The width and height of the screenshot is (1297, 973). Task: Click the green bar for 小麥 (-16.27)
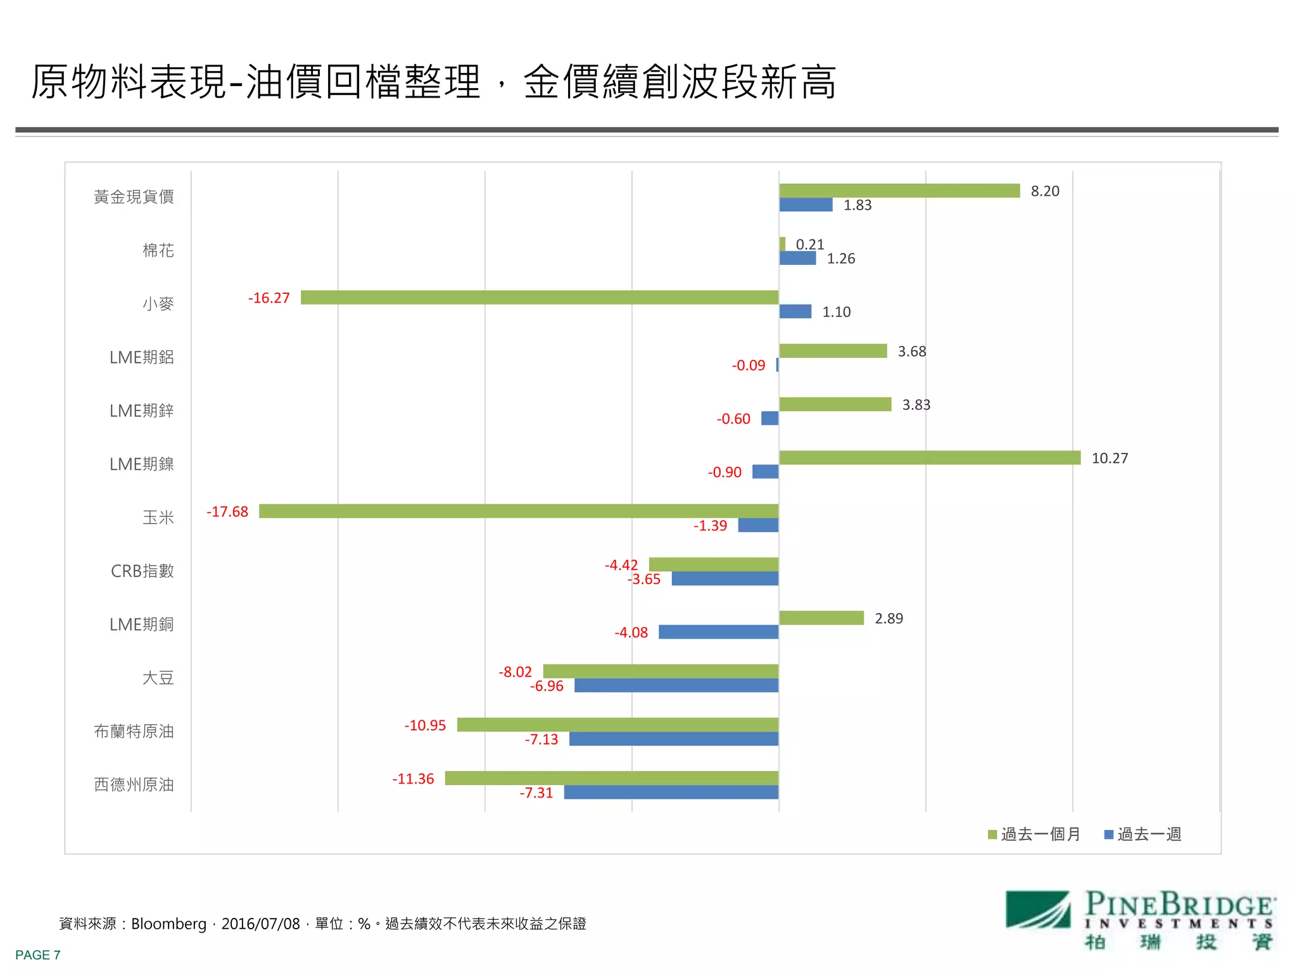coord(539,297)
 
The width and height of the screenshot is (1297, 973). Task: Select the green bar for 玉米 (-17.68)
coord(518,511)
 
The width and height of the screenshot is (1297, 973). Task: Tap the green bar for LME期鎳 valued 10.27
coord(929,457)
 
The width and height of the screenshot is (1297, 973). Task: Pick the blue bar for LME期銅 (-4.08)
coord(718,632)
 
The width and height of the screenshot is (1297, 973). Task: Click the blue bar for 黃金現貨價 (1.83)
coord(805,205)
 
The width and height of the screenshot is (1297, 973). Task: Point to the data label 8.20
coord(1044,191)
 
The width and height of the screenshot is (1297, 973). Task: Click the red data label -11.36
coord(413,779)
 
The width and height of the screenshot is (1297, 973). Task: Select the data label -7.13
coord(541,739)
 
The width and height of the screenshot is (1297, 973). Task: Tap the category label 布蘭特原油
coord(134,731)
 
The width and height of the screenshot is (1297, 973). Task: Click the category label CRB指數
coord(142,571)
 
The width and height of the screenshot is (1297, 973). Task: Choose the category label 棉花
coord(158,250)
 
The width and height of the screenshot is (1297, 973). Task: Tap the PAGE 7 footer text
coord(38,955)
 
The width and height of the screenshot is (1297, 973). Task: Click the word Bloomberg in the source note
coord(168,924)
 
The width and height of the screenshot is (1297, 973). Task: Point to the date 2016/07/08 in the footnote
coord(260,924)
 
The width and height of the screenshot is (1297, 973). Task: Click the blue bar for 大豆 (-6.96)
coord(676,685)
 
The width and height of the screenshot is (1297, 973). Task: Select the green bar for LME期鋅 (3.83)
coord(835,404)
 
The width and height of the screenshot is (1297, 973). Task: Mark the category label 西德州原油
coord(134,784)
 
